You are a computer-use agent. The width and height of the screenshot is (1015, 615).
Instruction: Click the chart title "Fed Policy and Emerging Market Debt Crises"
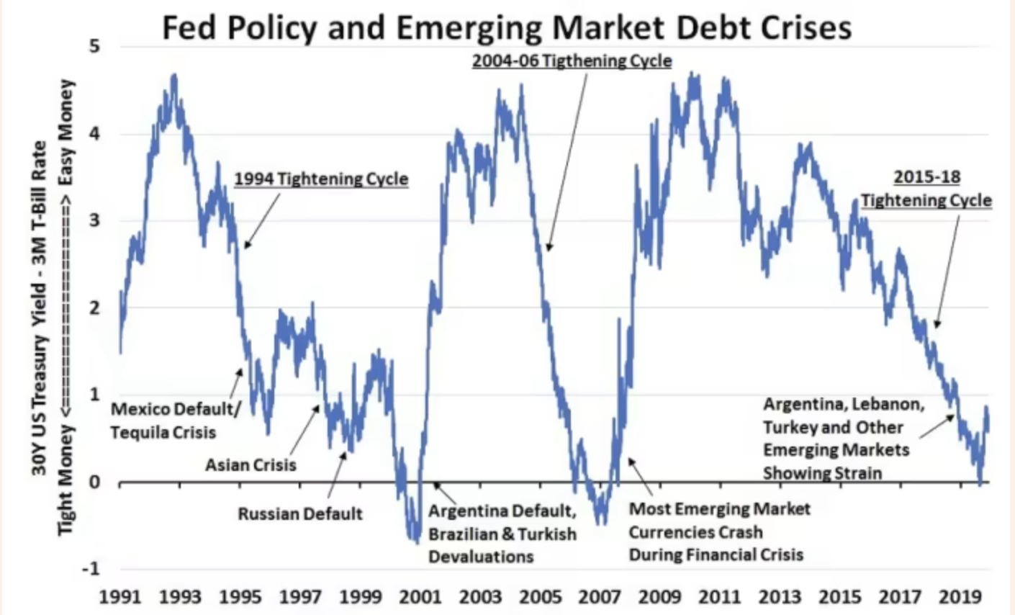click(x=506, y=27)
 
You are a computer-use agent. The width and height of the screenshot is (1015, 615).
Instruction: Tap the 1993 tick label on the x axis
click(x=180, y=597)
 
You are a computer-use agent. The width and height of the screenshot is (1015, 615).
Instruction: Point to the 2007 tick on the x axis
click(x=600, y=597)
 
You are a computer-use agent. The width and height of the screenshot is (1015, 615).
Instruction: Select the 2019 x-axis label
click(x=961, y=597)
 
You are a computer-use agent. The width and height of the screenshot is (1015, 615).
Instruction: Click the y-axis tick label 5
click(x=94, y=48)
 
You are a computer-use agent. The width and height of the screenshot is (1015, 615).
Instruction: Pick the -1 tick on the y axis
click(x=91, y=569)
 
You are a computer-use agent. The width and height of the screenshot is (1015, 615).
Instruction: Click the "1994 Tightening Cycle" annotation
click(x=321, y=179)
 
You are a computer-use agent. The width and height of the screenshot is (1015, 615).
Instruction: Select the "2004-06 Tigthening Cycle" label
click(x=572, y=60)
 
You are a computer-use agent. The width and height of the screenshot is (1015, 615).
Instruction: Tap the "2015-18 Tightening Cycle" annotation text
click(x=926, y=189)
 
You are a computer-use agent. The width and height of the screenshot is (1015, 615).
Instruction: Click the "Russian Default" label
click(x=300, y=514)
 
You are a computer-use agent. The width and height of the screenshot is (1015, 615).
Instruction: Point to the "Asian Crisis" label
click(x=251, y=465)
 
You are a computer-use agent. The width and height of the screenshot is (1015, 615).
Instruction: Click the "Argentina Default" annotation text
click(x=502, y=511)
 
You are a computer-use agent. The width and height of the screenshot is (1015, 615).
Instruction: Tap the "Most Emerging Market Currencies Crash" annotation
click(x=719, y=521)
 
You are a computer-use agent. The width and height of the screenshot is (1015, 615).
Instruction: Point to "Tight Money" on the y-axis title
click(x=66, y=480)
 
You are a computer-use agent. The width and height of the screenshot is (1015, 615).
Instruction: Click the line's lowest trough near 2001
click(x=415, y=541)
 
